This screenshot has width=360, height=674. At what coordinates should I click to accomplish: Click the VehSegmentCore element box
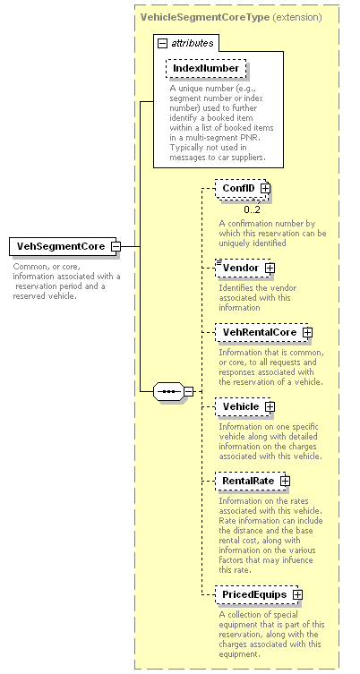pos(63,246)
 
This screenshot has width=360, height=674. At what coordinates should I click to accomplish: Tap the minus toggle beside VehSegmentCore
pos(116,247)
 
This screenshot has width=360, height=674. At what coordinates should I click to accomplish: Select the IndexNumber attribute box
pos(206,68)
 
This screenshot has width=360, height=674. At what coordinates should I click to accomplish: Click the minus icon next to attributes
pos(163,43)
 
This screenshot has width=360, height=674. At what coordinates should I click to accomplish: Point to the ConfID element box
pos(241,188)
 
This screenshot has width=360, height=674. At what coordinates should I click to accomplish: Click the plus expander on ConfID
pos(265,188)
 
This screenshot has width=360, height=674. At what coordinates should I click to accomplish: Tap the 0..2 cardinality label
pos(252,209)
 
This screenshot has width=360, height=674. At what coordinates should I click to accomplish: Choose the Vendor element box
pos(243,268)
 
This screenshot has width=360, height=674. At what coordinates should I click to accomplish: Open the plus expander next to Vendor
pos(270,268)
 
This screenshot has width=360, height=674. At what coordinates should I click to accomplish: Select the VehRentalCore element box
pos(261,332)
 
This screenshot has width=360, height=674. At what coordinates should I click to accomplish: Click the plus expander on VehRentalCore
pos(307,332)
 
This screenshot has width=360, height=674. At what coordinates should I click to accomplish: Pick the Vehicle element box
pos(243,406)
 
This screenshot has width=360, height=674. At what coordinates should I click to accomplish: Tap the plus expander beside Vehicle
pos(270,406)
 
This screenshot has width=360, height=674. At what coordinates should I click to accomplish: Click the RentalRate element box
pos(251,481)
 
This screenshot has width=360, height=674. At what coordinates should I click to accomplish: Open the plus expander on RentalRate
pos(285,481)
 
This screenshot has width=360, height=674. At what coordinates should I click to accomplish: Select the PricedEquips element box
pos(257,594)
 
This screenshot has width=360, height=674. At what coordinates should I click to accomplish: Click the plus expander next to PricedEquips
pos(297,595)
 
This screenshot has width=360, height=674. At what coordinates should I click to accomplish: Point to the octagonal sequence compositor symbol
pos(168,391)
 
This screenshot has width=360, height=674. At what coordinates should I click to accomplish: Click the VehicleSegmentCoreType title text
pos(205,18)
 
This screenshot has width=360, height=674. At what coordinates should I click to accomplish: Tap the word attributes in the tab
pos(193,43)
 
